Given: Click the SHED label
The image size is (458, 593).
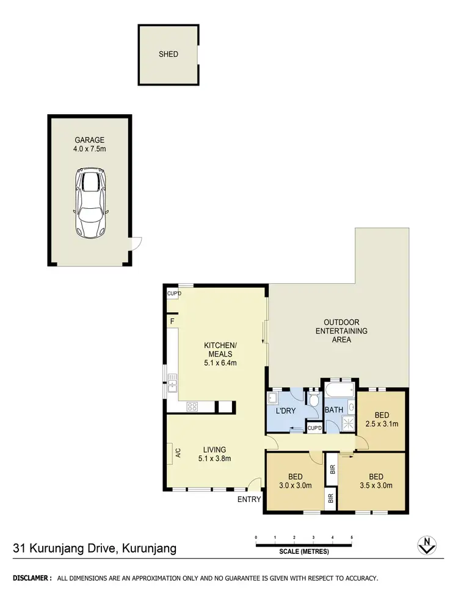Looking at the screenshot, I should point(169,54).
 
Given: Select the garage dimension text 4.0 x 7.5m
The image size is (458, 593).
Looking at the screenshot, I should point(90,148).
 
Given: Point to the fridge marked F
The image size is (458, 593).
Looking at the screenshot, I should point(172,321).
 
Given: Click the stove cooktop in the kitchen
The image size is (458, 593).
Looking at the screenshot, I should point(192,406).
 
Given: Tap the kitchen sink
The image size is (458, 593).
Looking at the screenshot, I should point(172,382).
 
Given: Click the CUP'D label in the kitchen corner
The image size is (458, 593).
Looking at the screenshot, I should point(173,294).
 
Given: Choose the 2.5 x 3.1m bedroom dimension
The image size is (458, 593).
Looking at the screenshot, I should point(382,424).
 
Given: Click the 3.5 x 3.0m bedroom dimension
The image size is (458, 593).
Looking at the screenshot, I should point(376,486).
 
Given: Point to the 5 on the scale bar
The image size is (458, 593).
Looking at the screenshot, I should point(352,537).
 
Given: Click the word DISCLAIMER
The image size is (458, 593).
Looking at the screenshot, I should point(31,578).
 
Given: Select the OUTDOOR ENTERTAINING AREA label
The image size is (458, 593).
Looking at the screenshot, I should point(341,330).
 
